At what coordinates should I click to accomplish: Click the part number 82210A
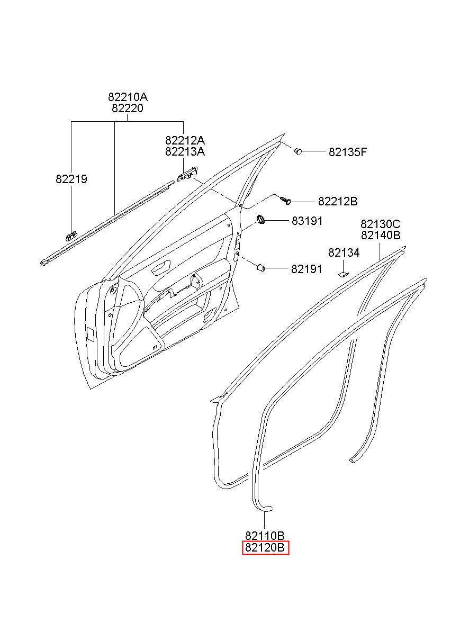tap(128, 97)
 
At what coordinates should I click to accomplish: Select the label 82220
tap(128, 109)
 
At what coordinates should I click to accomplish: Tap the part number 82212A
tap(185, 141)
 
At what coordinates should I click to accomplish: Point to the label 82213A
tap(185, 152)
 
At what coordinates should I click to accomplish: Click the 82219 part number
tap(71, 179)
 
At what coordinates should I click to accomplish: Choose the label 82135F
tap(348, 152)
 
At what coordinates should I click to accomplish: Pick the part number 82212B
tap(338, 202)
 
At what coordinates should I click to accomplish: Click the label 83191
tap(307, 221)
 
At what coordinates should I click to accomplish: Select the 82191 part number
tap(306, 269)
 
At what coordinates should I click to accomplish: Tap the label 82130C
tap(381, 224)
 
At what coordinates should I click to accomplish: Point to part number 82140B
tap(381, 235)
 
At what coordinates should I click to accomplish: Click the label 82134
tap(344, 253)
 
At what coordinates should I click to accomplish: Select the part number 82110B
tap(265, 536)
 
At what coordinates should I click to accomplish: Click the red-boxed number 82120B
tap(265, 548)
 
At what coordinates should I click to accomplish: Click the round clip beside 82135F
tap(299, 151)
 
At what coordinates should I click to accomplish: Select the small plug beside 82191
tap(261, 268)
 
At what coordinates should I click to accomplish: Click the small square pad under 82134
tap(343, 274)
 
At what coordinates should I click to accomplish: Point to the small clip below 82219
tap(71, 235)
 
